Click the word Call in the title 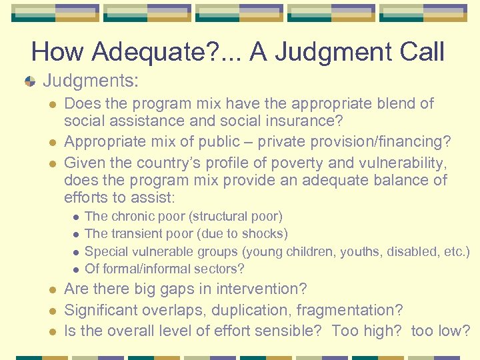tap(418, 52)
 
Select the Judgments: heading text tap(91, 81)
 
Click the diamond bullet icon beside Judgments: tap(30, 81)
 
